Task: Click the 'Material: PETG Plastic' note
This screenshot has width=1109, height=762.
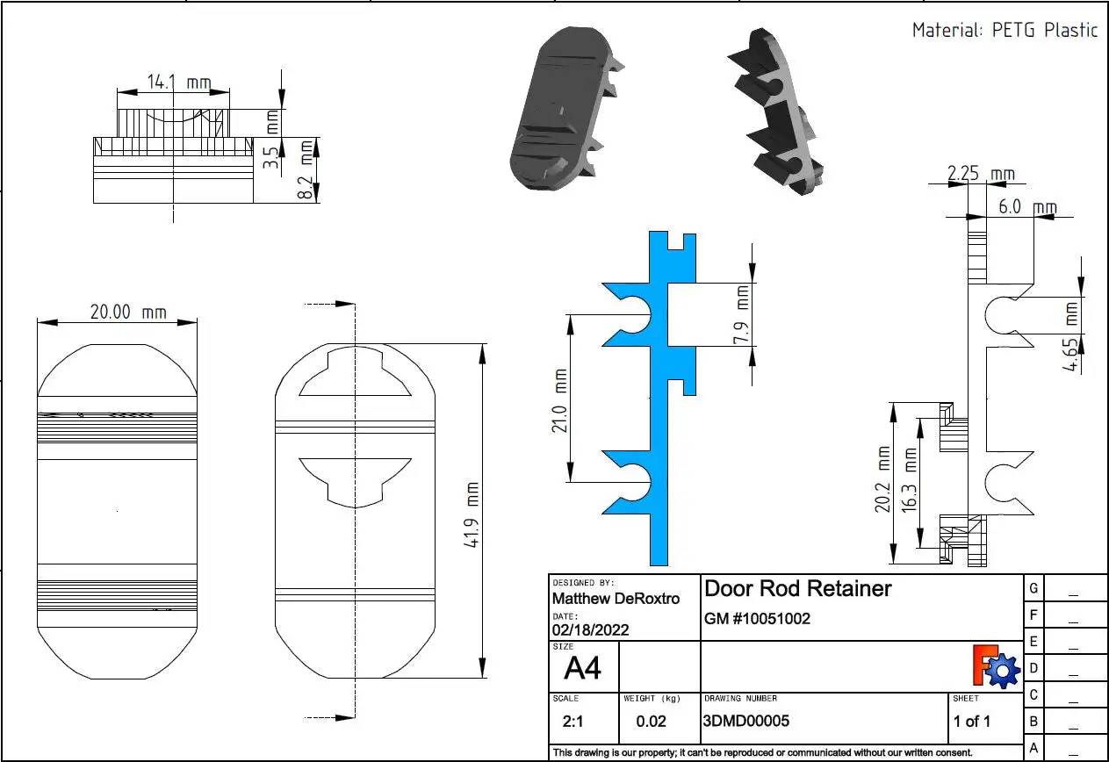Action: pos(1005,30)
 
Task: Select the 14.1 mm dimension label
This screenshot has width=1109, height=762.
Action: pos(178,83)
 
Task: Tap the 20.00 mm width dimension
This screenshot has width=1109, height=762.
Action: pos(128,312)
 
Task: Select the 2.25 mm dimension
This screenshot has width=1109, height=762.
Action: pos(981,175)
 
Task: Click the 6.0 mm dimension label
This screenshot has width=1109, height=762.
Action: pos(1027,207)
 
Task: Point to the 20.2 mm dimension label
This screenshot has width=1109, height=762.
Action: pos(884,482)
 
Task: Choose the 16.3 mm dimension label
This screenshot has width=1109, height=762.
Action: pos(910,482)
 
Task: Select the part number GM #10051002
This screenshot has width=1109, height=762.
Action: pos(757,619)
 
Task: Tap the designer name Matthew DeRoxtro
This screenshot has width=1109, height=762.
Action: pos(615,599)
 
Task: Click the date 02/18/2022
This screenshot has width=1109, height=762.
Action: pos(590,629)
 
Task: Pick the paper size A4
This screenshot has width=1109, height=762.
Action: pos(582,669)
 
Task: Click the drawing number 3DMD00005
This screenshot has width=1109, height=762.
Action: pos(746,722)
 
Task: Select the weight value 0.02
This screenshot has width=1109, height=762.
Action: pos(651,722)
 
